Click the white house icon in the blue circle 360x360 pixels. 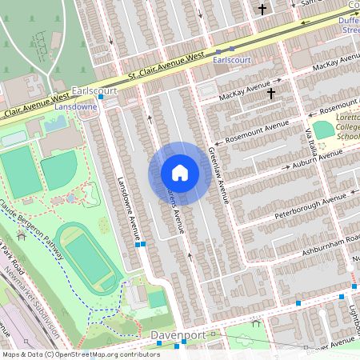[180, 173]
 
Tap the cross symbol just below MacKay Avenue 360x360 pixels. [271, 94]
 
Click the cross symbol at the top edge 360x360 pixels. [262, 10]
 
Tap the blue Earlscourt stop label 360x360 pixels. [233, 59]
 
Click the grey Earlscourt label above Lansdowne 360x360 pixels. [94, 91]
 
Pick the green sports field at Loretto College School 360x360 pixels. [322, 130]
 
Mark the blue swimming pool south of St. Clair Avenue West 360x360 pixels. [55, 123]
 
